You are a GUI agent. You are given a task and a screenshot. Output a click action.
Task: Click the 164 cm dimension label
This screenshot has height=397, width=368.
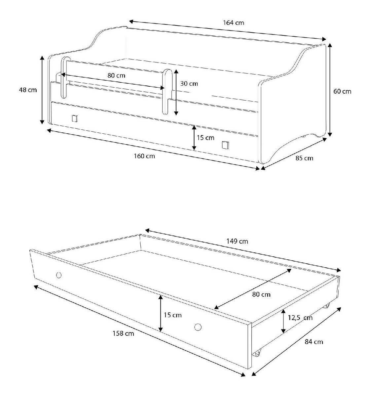[234, 23]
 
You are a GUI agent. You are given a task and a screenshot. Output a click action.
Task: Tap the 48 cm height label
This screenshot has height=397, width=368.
[28, 90]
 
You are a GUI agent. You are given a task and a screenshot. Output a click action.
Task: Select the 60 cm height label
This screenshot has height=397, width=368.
[342, 91]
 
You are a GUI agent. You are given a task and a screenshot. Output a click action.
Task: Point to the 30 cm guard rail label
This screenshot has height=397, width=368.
[189, 84]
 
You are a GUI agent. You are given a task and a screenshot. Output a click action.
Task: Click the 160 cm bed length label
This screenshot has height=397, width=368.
[144, 156]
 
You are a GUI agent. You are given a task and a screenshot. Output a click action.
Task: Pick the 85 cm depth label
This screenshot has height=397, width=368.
[304, 158]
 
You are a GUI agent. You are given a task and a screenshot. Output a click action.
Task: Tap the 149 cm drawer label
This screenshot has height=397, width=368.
[237, 241]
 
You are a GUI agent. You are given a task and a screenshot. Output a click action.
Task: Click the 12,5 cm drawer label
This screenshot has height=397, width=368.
[300, 318]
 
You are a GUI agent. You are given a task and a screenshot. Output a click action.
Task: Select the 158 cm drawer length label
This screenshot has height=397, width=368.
[123, 333]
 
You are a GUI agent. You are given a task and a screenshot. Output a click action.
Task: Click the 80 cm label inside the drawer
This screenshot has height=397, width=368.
[261, 294]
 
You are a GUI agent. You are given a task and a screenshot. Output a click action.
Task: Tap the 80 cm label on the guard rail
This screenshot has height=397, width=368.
[116, 75]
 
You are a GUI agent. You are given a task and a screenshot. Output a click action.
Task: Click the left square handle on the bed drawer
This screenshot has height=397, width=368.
[75, 118]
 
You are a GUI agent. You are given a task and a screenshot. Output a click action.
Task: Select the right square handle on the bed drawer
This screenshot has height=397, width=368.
[225, 145]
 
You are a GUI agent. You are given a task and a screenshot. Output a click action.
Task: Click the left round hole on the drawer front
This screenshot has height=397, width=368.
[59, 275]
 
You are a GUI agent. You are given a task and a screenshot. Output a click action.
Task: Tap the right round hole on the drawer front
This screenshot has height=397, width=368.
[198, 327]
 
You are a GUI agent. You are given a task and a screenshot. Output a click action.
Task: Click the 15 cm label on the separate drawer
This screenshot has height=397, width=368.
[173, 315]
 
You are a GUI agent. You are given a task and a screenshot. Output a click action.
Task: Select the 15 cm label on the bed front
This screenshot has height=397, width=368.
[205, 138]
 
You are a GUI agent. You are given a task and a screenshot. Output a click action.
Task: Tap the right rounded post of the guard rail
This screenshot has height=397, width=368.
[167, 92]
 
